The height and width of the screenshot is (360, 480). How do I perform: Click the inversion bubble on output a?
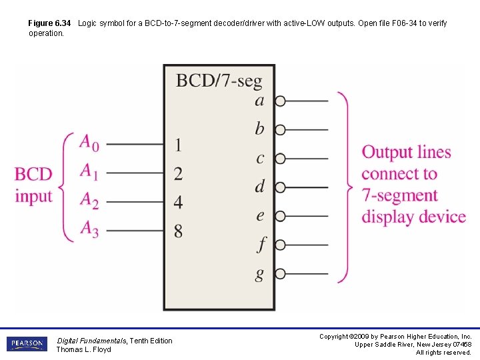[280, 101]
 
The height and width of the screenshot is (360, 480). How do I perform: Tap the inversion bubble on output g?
[280, 273]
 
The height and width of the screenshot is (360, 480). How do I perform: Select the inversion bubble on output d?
[280, 187]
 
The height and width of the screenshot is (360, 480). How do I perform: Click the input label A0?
[89, 143]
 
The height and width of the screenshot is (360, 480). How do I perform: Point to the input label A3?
[89, 229]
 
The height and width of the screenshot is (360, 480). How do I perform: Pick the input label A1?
[89, 171]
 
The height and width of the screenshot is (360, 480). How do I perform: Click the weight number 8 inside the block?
[178, 231]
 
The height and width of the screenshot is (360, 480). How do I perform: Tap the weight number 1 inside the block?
[178, 144]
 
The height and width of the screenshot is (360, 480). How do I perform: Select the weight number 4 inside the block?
[178, 201]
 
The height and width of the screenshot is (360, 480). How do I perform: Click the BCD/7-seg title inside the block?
[219, 81]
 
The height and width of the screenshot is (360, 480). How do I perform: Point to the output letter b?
[259, 129]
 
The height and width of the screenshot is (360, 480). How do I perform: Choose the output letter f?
[261, 245]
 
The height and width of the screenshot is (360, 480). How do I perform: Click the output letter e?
[260, 215]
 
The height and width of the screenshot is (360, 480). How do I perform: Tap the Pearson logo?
[27, 344]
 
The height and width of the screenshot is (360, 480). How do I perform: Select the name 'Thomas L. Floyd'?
[84, 349]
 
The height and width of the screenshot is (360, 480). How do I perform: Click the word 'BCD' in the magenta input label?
[33, 175]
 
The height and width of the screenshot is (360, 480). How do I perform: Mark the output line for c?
[307, 159]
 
